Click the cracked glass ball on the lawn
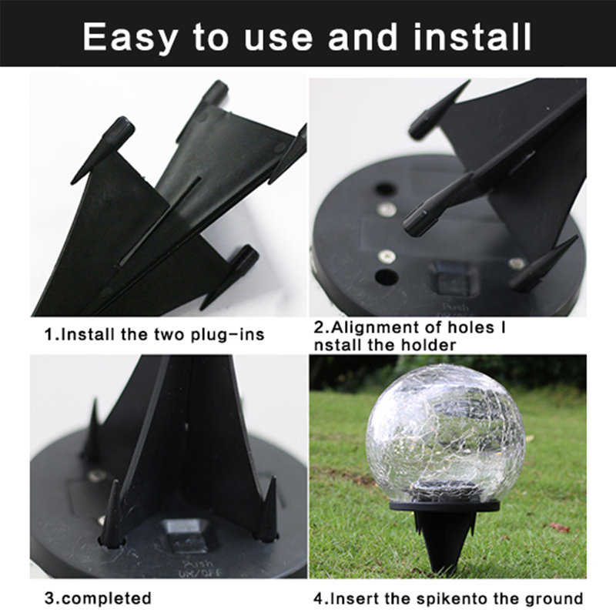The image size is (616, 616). click(x=435, y=431)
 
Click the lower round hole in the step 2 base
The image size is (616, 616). click(x=383, y=276)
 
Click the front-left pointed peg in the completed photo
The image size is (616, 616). click(x=112, y=515)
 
